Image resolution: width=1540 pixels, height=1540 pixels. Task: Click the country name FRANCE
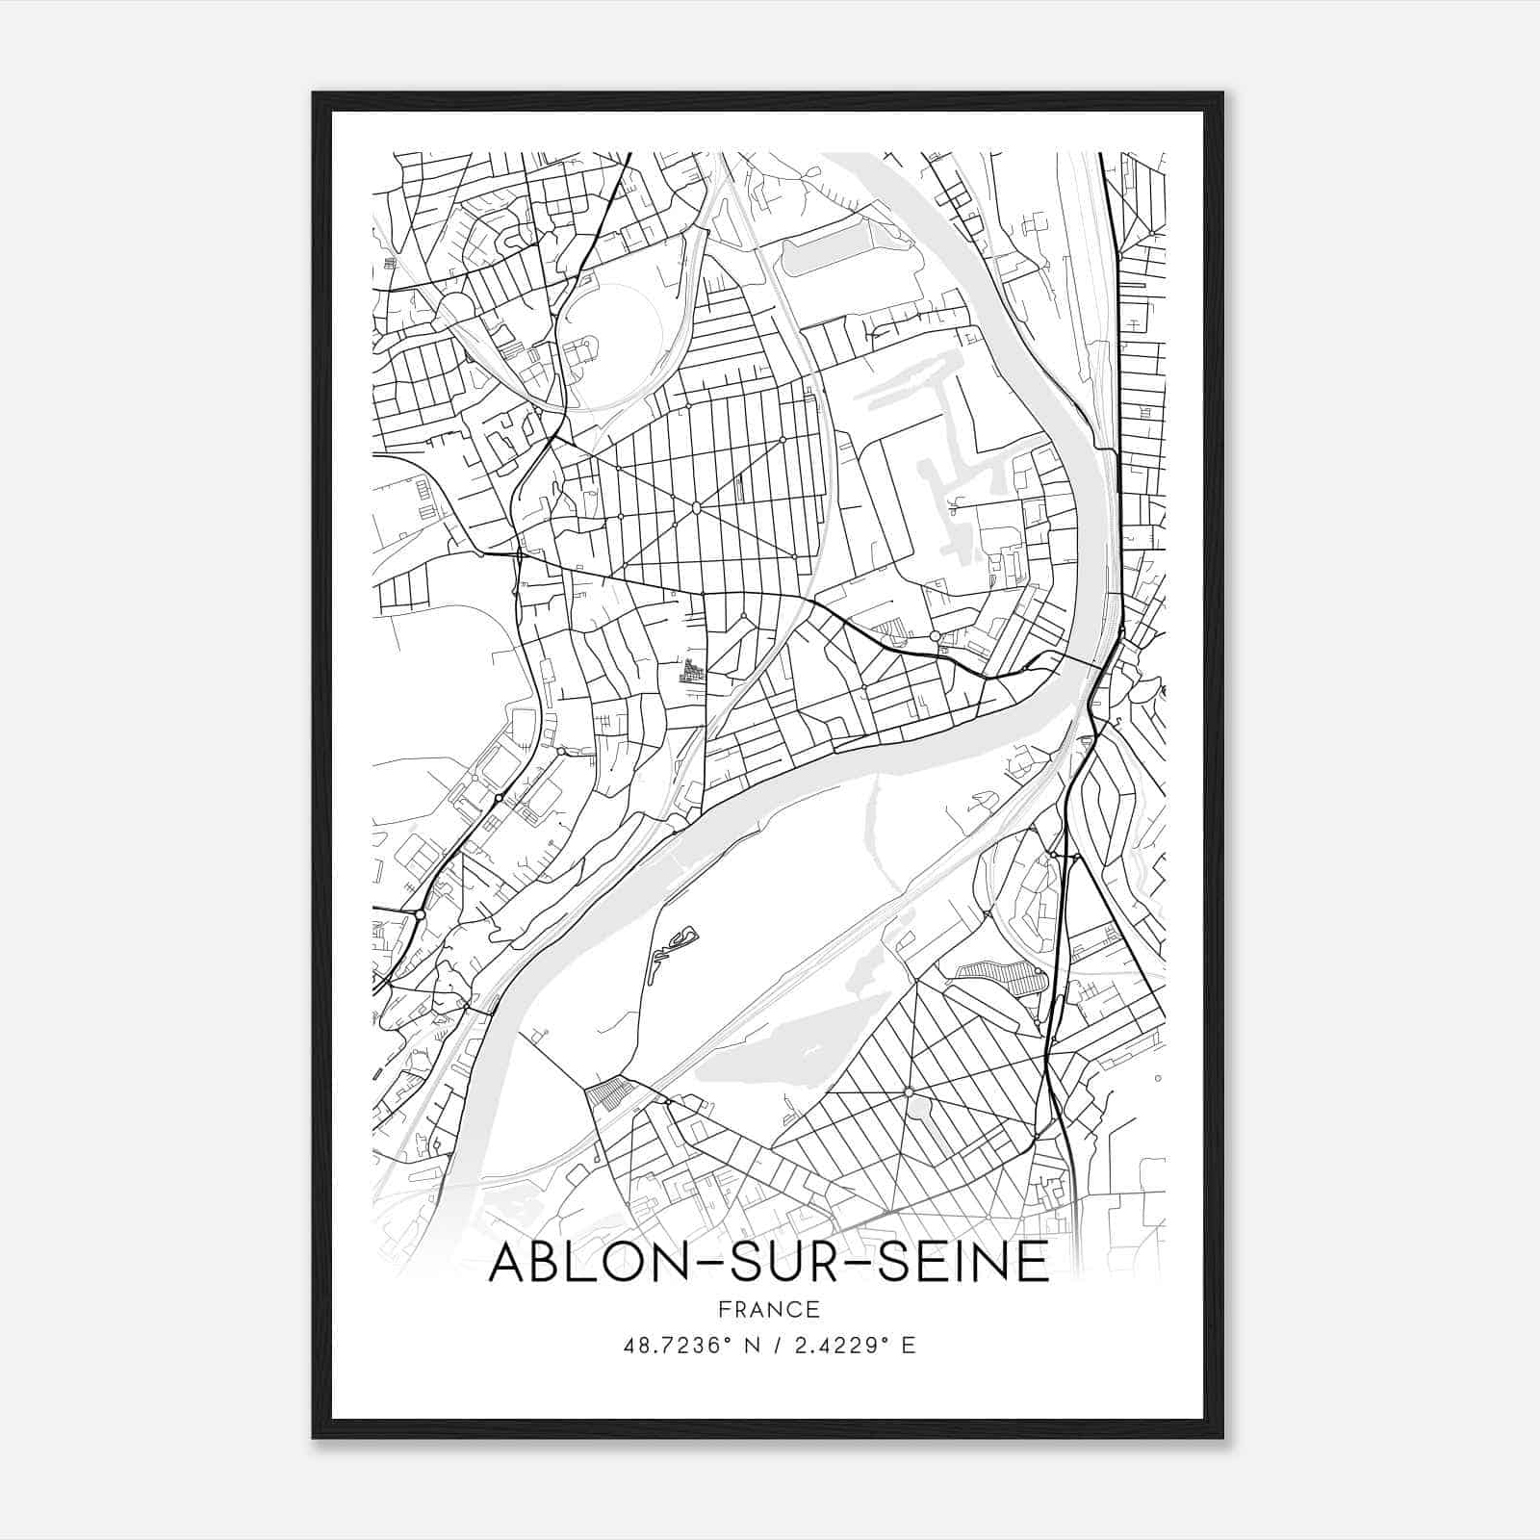point(769,1309)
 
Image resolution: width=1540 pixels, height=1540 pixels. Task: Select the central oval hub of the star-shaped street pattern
point(695,507)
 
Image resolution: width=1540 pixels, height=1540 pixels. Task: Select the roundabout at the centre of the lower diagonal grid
point(908,1091)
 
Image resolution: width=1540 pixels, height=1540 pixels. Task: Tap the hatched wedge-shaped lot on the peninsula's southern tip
point(612,1094)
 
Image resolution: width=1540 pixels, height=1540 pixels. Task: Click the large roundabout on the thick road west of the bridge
point(935,636)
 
